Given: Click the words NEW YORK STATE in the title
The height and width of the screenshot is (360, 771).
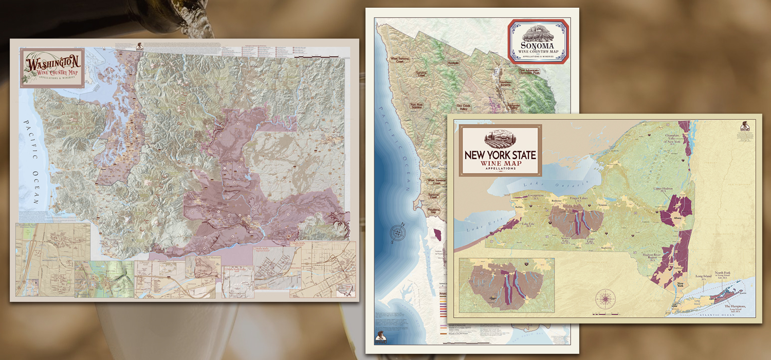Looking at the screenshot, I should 500,155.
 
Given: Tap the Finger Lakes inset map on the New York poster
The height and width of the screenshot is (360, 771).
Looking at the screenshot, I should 506,285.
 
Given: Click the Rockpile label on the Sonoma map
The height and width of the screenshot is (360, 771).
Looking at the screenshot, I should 453,63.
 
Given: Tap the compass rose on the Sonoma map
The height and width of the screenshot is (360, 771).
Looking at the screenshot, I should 397,235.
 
